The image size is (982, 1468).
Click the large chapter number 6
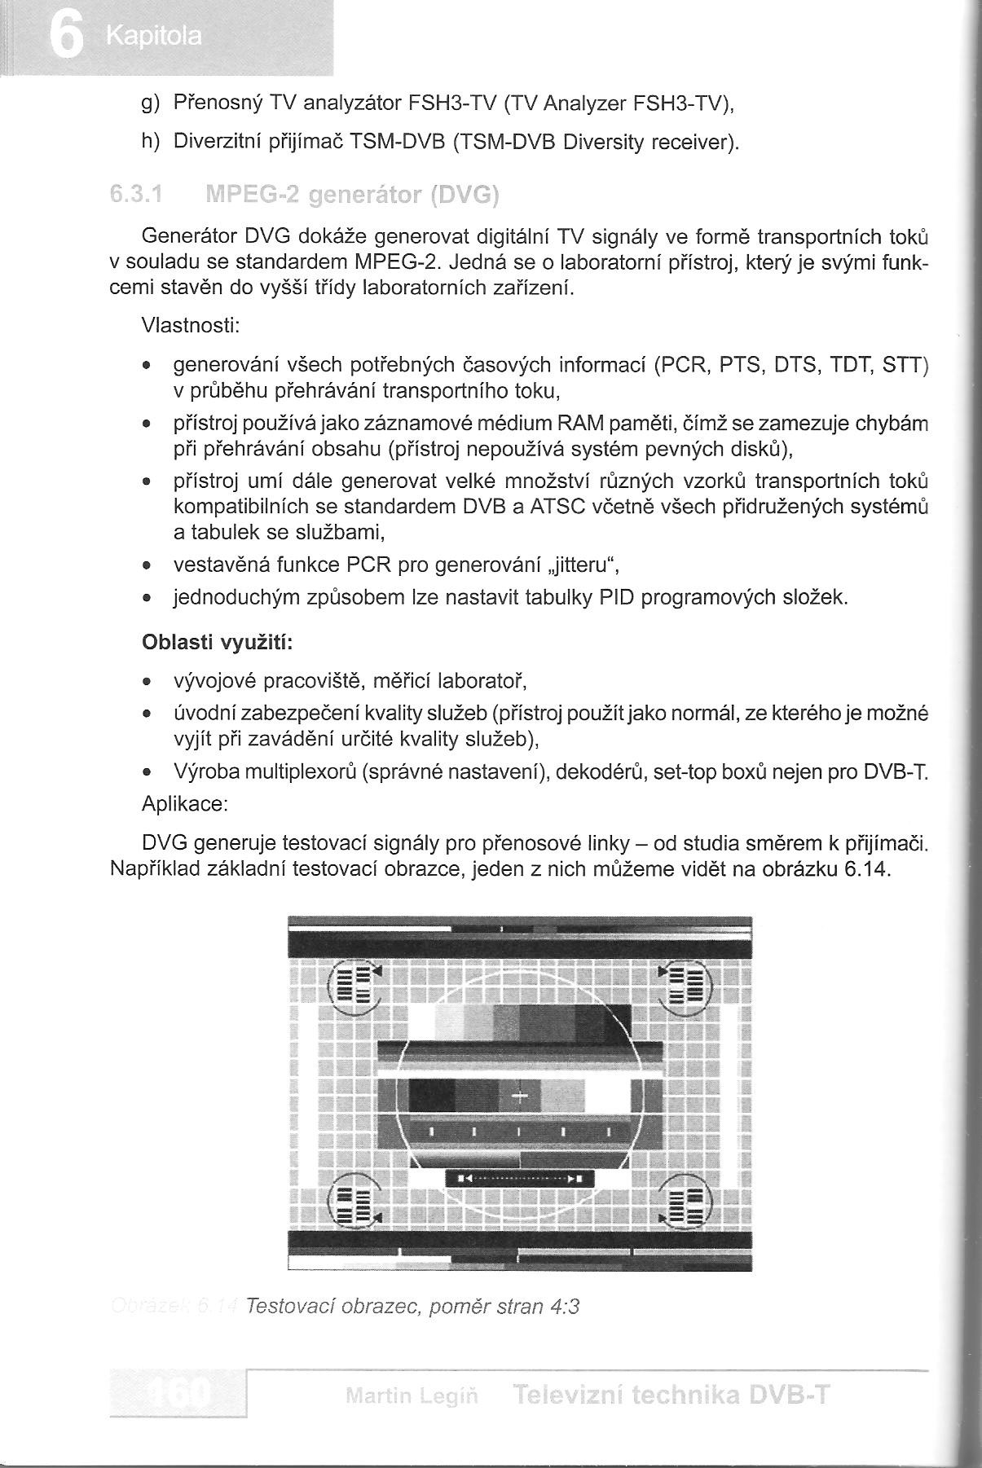click(65, 37)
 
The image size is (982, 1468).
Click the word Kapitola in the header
click(153, 37)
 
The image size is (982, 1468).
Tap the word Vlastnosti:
click(190, 325)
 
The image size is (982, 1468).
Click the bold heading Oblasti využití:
click(217, 643)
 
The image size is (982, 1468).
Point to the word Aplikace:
click(184, 804)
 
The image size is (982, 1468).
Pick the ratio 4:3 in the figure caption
click(565, 1307)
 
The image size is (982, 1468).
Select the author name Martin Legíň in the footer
click(412, 1397)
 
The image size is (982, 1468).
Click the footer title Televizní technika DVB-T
click(672, 1396)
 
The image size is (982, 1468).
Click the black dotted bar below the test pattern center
click(520, 1178)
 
